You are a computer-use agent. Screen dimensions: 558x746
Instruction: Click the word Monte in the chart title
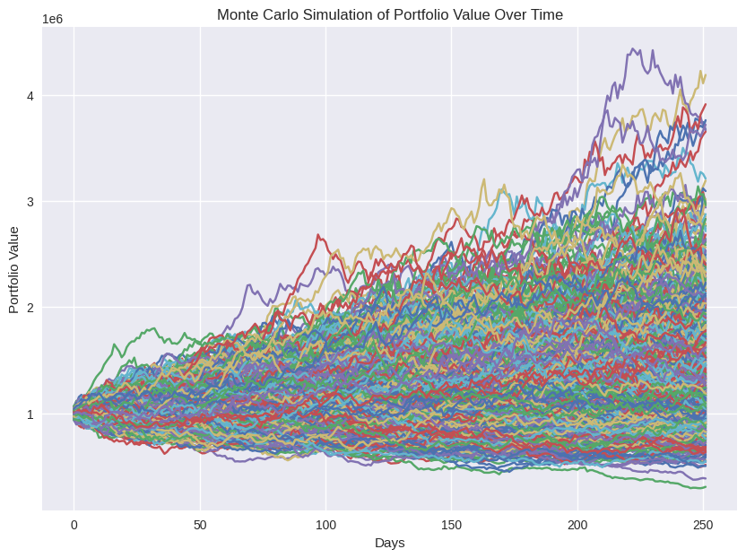pos(238,14)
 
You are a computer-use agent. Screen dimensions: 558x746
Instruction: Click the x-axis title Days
pos(389,543)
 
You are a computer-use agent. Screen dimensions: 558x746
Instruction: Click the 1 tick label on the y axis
pos(30,414)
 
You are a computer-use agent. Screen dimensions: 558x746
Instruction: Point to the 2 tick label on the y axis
pos(30,308)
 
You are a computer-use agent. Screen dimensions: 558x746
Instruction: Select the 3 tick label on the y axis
pos(30,202)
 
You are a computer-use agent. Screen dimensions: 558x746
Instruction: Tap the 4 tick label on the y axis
pos(30,96)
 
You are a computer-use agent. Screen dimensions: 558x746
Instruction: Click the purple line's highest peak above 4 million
pos(633,49)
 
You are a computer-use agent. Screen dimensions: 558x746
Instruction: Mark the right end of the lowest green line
pos(706,486)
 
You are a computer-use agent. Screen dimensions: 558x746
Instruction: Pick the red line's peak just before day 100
pos(317,235)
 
